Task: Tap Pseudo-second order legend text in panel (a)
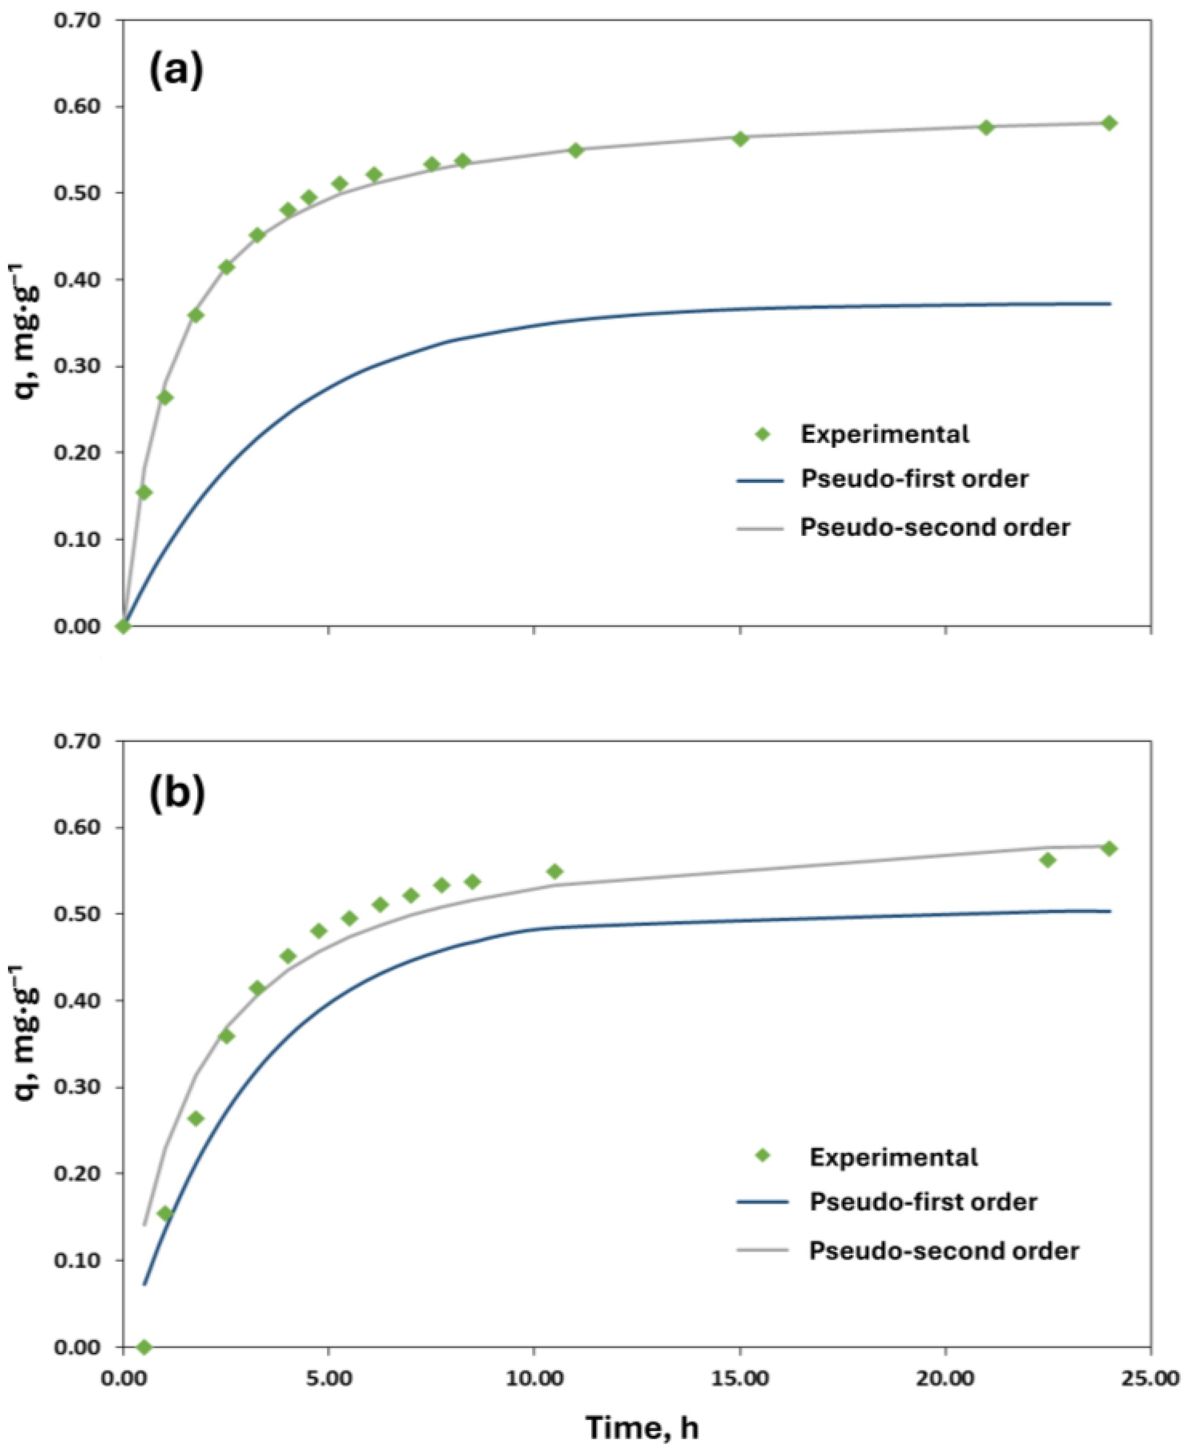coord(934,527)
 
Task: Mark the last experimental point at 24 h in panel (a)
coord(1109,123)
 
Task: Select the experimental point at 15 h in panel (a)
coord(740,139)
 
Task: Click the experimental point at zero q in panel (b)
coord(144,1346)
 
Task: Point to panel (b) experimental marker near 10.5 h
coord(555,871)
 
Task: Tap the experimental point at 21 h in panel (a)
coord(986,128)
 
